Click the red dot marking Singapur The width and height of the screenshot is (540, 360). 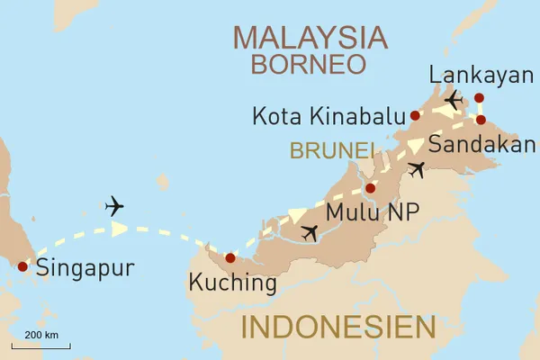pos(22,265)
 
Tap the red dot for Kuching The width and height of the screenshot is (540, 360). pos(229,258)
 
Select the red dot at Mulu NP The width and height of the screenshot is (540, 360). pos(370,189)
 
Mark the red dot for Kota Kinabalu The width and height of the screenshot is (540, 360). pos(415,115)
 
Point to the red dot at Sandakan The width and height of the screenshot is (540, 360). pos(481,120)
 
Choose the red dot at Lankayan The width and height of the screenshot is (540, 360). pos(479,97)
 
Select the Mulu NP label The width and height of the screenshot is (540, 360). pos(371,213)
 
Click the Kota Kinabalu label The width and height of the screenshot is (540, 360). pos(329,116)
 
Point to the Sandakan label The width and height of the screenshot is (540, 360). pos(481,145)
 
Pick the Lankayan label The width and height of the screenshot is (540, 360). pos(481,75)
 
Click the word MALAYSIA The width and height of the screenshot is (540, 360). pos(310,38)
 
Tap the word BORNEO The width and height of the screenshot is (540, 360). pos(309,65)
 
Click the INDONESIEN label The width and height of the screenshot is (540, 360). pos(337,326)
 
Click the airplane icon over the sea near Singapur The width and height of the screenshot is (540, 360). pos(114,206)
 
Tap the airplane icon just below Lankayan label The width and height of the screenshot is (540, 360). pos(453,98)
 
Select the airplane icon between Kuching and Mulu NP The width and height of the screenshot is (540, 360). pos(310,232)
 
